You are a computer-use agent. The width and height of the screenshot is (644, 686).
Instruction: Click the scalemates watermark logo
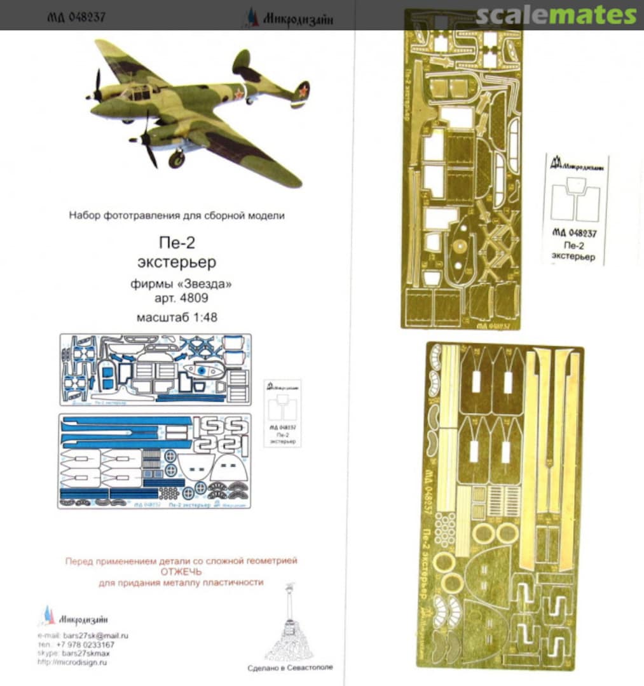[556, 15]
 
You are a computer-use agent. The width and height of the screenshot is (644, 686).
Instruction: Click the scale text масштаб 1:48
[177, 318]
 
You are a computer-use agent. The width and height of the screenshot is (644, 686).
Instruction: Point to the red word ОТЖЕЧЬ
[181, 572]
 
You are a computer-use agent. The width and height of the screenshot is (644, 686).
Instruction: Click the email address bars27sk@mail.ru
[95, 635]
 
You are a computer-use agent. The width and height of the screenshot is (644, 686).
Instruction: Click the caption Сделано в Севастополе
[290, 668]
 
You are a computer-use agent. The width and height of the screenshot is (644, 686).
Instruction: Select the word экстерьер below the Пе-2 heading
[177, 262]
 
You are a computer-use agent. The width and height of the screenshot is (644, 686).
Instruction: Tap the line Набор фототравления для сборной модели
[177, 215]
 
